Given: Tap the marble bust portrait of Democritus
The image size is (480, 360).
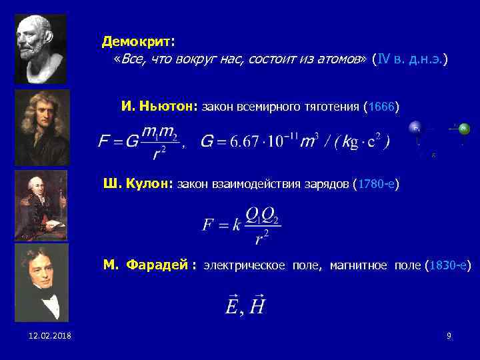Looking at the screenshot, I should coord(41,49).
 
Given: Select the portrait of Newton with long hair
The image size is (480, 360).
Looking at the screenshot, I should coord(42,127).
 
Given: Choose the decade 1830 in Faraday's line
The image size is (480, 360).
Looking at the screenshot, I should coord(442,266).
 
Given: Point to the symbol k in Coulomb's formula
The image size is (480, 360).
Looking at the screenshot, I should coord(236,224).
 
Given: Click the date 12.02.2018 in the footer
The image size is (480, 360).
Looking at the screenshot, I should coord(50,335).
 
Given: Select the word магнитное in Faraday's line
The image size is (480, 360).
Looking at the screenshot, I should coord(359,266).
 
